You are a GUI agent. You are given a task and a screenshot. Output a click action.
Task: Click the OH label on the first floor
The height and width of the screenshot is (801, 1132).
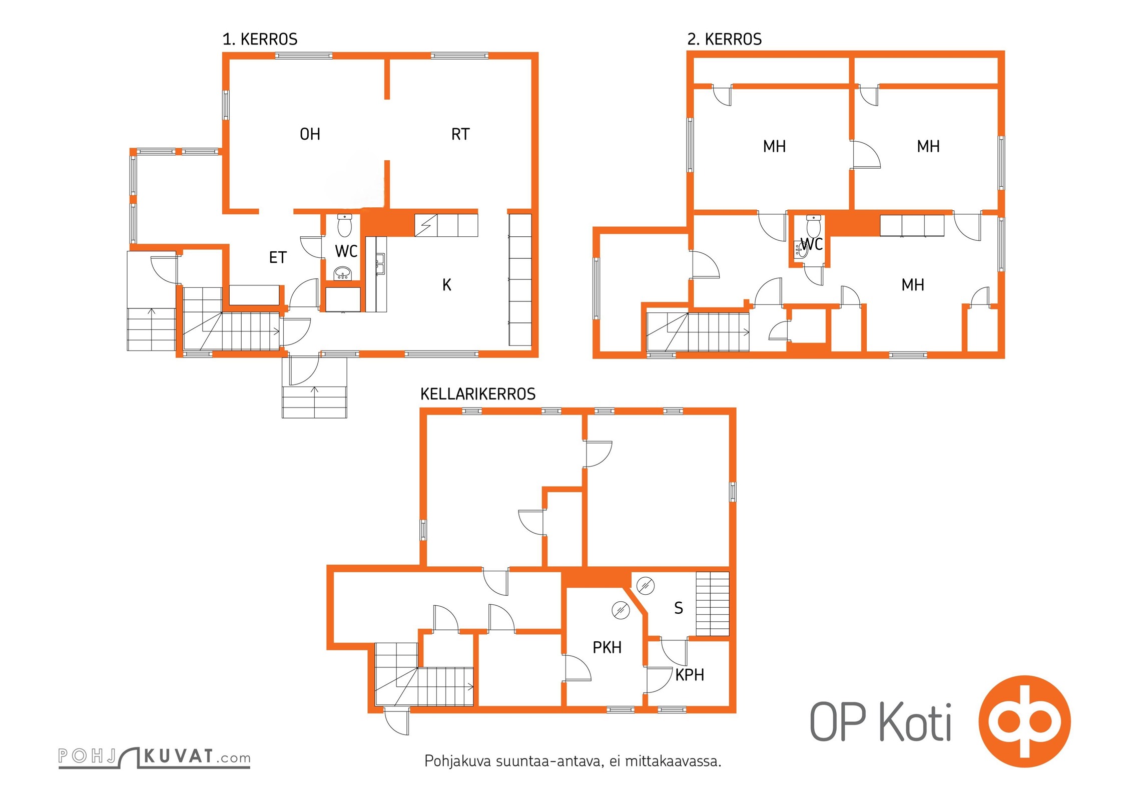[310, 134]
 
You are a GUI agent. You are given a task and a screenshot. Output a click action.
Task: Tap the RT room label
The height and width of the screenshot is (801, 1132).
[460, 134]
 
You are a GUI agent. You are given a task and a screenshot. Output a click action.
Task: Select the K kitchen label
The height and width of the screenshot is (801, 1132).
[447, 285]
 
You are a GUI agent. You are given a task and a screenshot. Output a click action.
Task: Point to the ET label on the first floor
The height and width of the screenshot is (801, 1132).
[278, 257]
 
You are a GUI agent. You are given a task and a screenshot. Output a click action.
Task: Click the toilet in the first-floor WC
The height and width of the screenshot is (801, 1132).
[344, 225]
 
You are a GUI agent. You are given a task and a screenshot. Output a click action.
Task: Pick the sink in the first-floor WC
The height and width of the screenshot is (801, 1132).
[343, 273]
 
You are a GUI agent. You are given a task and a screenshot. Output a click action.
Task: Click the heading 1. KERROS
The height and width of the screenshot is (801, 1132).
[260, 39]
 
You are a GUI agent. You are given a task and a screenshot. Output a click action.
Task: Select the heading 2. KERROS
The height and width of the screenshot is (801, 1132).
[724, 39]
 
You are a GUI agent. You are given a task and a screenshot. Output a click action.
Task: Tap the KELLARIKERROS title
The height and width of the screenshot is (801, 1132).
[478, 394]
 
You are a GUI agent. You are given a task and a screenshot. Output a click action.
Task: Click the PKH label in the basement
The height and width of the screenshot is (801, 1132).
[607, 647]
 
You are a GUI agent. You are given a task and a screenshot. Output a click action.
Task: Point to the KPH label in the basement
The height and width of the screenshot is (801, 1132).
[690, 675]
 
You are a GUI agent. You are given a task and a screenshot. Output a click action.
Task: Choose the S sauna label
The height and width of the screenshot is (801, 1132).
[679, 608]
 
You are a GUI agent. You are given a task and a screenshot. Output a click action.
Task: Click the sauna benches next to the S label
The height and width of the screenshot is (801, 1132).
[713, 604]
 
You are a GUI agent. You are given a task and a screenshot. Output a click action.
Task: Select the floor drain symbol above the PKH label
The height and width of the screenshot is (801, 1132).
[621, 610]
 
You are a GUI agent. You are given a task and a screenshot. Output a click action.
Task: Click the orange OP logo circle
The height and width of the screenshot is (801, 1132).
[1024, 721]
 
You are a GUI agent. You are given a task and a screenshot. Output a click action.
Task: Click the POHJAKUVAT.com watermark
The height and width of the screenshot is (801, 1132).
[155, 757]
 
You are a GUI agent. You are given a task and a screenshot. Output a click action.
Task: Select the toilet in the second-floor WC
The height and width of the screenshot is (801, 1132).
[814, 227]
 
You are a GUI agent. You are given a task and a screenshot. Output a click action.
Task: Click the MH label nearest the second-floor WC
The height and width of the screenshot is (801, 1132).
[912, 285]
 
